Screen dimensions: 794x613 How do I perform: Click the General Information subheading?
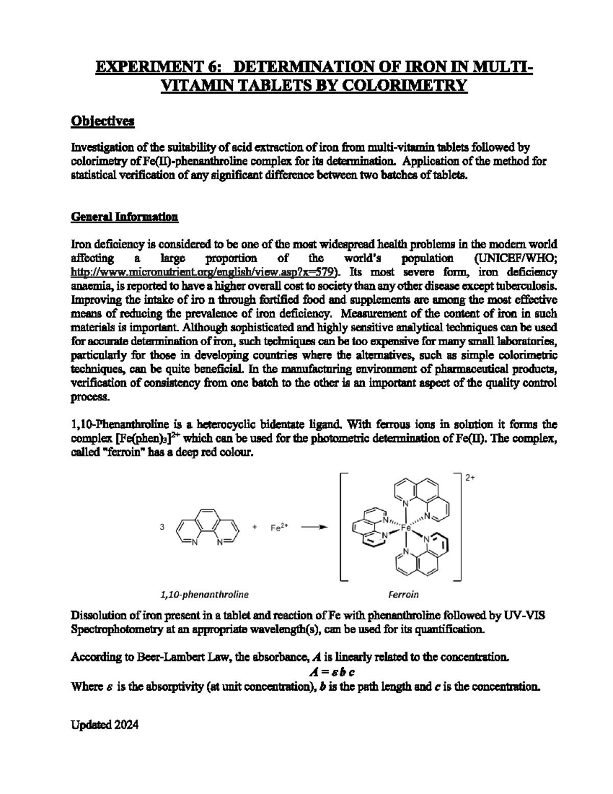click(x=124, y=217)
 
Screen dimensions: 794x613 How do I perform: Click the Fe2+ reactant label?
click(x=279, y=529)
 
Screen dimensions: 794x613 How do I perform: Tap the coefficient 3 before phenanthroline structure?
click(x=162, y=529)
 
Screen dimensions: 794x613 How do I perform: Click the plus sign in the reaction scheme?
click(x=254, y=529)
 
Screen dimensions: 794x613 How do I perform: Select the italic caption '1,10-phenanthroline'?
click(x=204, y=595)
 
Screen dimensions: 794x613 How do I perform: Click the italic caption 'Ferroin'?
click(x=404, y=595)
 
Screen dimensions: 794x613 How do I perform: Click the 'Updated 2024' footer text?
click(x=104, y=725)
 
